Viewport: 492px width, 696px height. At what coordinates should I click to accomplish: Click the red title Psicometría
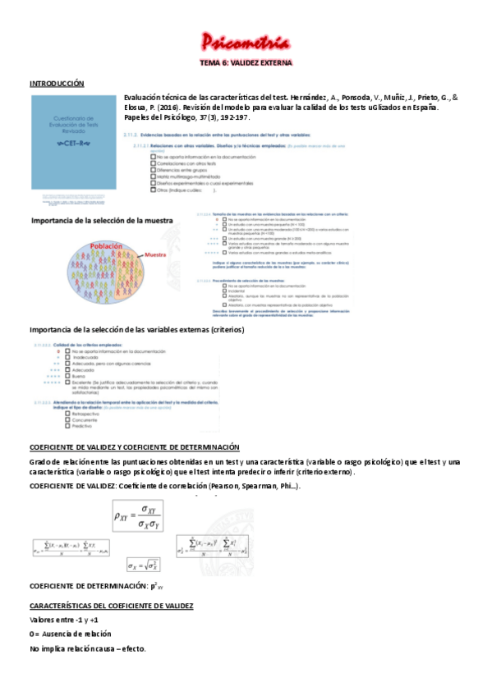[x=246, y=43]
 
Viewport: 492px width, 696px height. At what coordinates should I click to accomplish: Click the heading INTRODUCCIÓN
[x=57, y=83]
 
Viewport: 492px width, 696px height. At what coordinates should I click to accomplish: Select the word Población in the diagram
[x=106, y=245]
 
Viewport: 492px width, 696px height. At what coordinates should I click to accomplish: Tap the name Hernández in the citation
[x=315, y=95]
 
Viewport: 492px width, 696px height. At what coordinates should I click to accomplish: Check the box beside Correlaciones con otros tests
[x=154, y=163]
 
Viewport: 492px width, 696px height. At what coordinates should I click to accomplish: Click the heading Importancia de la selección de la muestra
[x=101, y=221]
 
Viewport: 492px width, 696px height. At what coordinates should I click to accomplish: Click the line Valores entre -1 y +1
[x=63, y=619]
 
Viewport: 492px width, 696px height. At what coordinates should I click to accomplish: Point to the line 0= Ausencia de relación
[x=70, y=634]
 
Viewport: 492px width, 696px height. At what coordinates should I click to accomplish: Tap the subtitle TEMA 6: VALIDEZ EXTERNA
[x=246, y=62]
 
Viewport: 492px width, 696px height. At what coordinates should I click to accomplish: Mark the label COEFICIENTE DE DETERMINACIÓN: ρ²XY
[x=96, y=586]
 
